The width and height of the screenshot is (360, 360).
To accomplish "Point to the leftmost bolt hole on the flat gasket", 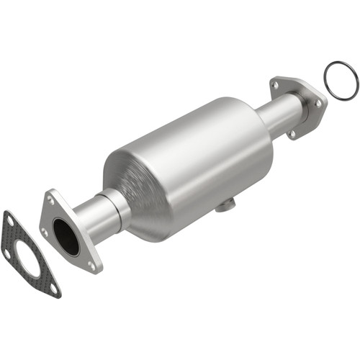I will click(x=6, y=253).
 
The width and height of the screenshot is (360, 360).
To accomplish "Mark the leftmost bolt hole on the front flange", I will click(x=45, y=233).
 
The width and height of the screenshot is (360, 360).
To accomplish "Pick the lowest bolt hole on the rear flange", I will click(x=291, y=134).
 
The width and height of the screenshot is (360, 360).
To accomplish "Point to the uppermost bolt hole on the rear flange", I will click(x=275, y=85).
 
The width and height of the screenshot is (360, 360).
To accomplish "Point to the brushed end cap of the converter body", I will click(x=140, y=194).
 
